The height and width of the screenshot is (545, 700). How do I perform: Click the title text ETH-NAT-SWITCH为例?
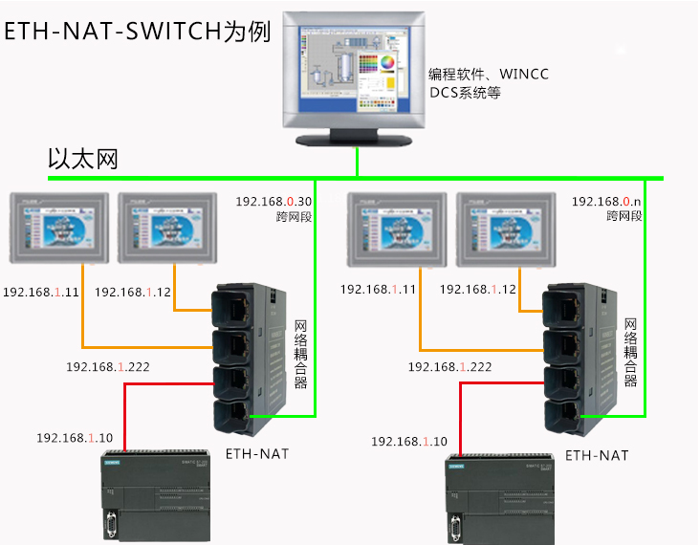[x=137, y=31]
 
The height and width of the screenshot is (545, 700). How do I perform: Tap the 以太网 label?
[x=83, y=159]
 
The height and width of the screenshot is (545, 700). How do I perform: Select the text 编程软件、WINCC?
[x=488, y=75]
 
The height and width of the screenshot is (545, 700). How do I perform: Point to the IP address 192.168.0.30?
[x=274, y=202]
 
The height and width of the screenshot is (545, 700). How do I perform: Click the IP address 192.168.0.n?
[x=606, y=202]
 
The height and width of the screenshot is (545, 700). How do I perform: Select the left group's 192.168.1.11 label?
[x=41, y=291]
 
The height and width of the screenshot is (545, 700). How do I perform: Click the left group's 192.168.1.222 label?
[x=108, y=367]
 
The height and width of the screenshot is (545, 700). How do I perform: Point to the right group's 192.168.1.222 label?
[x=449, y=367]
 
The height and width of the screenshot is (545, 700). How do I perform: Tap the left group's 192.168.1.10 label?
[x=75, y=438]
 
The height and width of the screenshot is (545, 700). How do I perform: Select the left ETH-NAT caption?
[x=256, y=453]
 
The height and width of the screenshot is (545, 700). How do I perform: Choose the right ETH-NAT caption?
[x=597, y=455]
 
